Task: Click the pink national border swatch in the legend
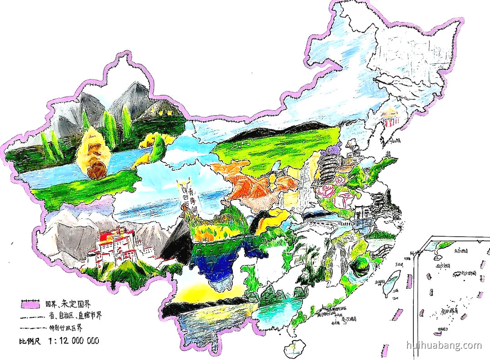(30, 303)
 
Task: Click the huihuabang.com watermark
(444, 345)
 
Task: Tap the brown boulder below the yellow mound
(97, 169)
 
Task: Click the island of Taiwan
(391, 284)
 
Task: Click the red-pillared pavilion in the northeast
(391, 117)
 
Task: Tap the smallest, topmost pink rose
(339, 180)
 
